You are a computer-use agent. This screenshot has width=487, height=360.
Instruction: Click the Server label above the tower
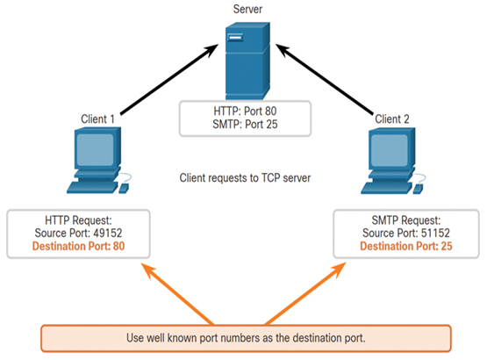[x=247, y=9]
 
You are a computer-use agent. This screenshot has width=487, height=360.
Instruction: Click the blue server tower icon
[x=247, y=61]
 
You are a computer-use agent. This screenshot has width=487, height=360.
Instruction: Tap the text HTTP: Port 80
[x=245, y=111]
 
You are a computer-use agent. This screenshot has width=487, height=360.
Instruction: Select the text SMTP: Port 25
[x=245, y=125]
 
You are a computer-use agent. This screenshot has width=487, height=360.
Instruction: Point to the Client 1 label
[x=97, y=119]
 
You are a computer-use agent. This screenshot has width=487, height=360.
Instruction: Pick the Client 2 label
[x=392, y=119]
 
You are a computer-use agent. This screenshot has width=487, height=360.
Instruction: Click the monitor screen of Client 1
[x=95, y=150]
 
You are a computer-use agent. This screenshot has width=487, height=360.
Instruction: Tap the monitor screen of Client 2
[x=390, y=150]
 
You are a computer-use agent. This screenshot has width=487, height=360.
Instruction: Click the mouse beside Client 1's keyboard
[x=124, y=188]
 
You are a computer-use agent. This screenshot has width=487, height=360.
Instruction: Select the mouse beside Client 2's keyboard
[x=418, y=189]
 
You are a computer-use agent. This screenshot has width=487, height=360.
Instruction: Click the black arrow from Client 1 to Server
[x=169, y=79]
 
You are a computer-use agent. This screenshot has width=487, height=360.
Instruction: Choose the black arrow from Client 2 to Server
[x=325, y=79]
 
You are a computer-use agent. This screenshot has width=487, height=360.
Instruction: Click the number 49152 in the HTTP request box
[x=107, y=234]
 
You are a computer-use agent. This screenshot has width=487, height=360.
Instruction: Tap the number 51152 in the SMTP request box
[x=435, y=234]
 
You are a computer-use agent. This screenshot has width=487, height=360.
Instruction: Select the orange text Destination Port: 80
[x=78, y=246]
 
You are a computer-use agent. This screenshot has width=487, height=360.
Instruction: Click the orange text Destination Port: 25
[x=406, y=246]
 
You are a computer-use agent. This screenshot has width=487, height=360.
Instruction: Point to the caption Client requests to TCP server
[x=245, y=178]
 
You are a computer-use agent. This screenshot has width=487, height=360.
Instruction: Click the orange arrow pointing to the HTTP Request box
[x=177, y=294]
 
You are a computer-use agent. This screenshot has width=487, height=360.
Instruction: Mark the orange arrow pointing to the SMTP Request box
[x=305, y=294]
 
